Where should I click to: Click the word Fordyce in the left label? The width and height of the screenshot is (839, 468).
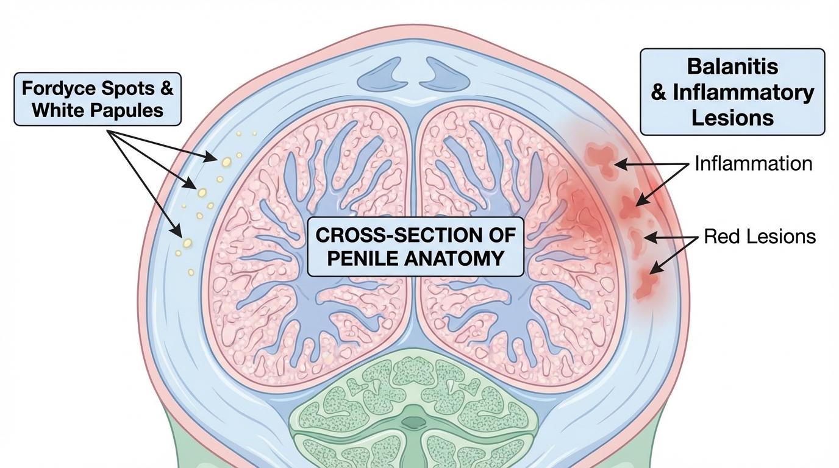pos(52,88)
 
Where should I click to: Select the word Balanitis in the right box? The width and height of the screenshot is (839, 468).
pos(732,66)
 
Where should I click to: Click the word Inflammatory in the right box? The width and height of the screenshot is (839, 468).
pos(744,92)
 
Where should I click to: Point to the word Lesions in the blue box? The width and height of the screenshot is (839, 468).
pos(732,118)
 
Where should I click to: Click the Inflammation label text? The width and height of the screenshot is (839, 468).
pos(754,164)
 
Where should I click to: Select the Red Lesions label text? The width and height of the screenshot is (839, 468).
pos(760,236)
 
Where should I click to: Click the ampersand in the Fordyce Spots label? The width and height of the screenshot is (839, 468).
pos(165,88)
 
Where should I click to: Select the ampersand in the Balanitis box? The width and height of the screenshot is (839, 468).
pos(659,93)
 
